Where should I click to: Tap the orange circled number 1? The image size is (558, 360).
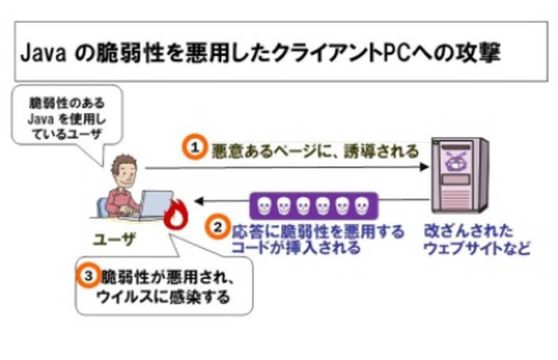point(196,148)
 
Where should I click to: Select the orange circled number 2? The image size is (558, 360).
point(217,227)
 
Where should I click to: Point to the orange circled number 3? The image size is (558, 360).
point(88,275)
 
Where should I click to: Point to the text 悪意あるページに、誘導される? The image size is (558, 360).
point(315,149)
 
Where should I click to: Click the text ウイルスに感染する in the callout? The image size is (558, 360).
point(166,298)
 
